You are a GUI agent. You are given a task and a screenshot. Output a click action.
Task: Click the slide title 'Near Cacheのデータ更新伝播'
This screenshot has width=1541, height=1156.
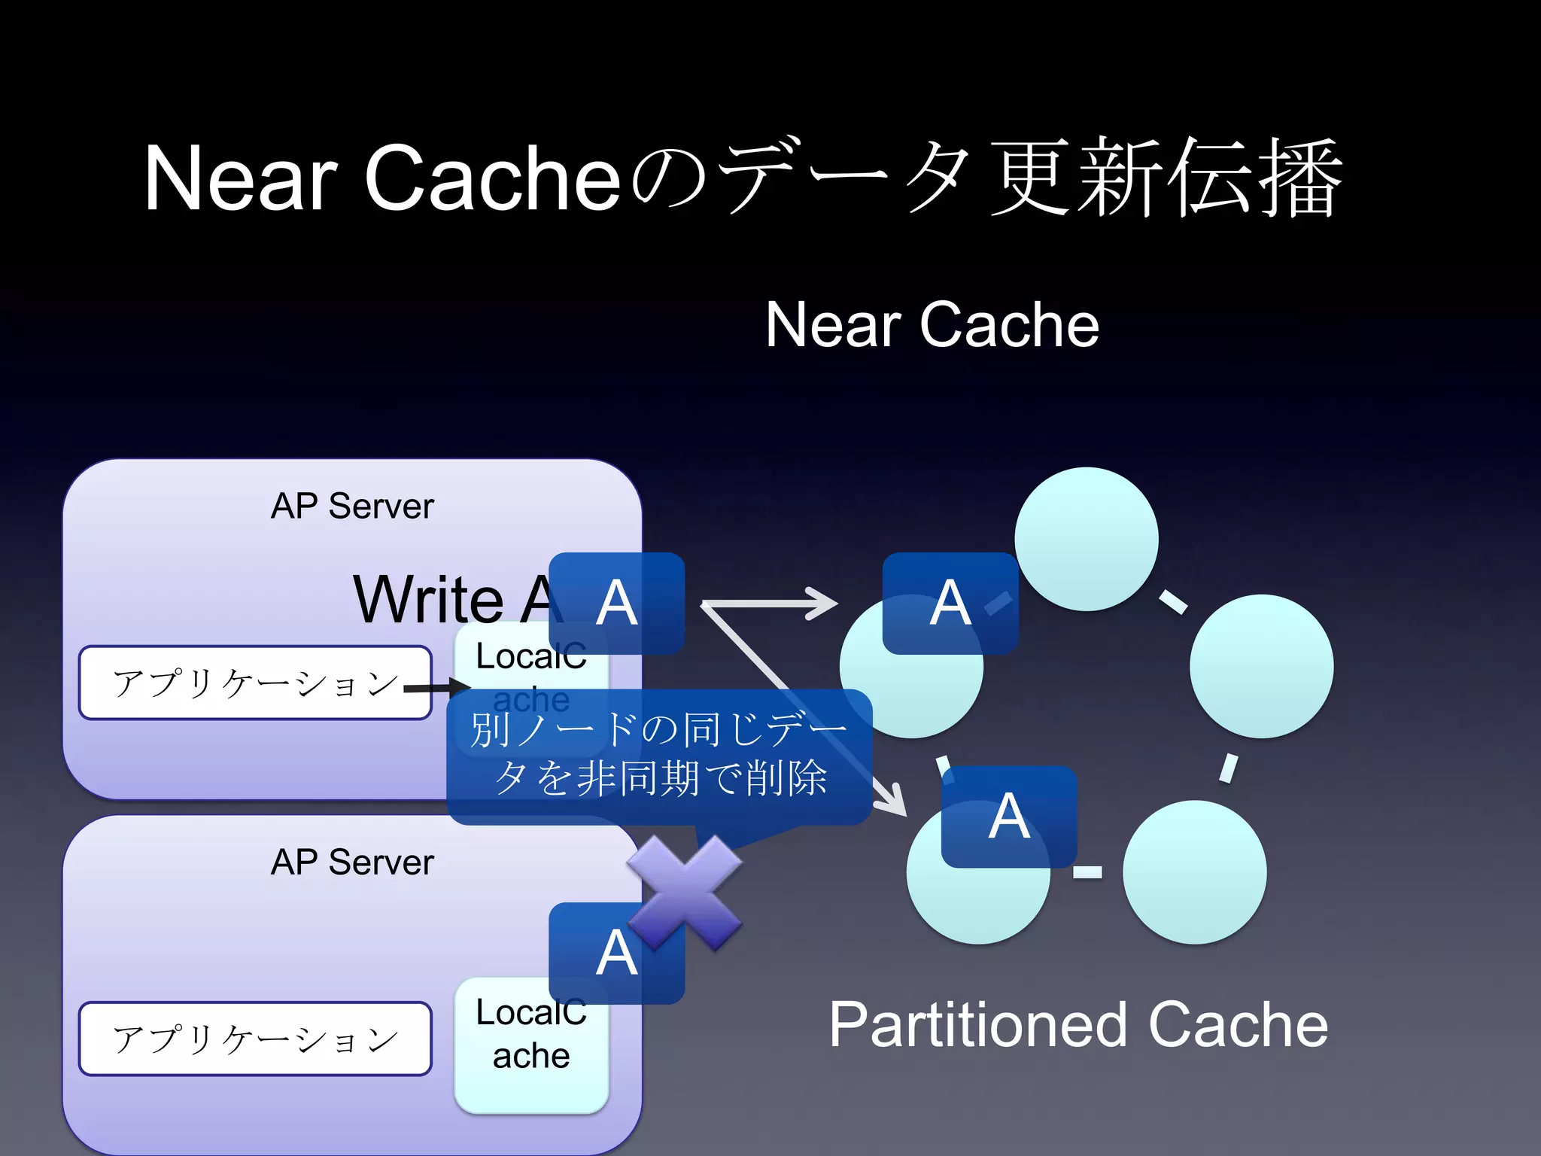pyautogui.click(x=741, y=178)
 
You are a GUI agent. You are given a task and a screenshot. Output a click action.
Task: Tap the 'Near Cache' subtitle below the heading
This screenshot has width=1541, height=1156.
pyautogui.click(x=932, y=324)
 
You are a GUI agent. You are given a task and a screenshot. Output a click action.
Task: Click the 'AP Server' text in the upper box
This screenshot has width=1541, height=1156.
pyautogui.click(x=352, y=506)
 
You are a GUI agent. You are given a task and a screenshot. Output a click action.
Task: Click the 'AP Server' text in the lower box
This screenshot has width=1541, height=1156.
pyautogui.click(x=352, y=862)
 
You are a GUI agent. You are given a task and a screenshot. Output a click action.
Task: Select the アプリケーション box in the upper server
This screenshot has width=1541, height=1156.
pyautogui.click(x=254, y=683)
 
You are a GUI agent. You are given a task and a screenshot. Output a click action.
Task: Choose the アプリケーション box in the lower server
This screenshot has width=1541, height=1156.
pyautogui.click(x=254, y=1039)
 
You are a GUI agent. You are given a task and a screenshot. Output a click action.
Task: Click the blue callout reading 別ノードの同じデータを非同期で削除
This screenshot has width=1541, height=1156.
pyautogui.click(x=658, y=755)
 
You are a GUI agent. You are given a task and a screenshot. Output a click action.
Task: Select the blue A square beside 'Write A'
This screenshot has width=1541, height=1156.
pyautogui.click(x=617, y=603)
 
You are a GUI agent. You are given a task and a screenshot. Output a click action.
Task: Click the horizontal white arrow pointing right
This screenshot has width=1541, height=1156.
pyautogui.click(x=767, y=603)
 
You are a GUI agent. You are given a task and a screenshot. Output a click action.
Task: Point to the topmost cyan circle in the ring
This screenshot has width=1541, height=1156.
pyautogui.click(x=1086, y=539)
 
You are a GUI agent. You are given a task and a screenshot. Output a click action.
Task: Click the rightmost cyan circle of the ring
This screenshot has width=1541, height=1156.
pyautogui.click(x=1261, y=666)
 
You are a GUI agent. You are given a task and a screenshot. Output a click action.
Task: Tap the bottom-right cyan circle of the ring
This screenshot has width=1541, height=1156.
pyautogui.click(x=1194, y=872)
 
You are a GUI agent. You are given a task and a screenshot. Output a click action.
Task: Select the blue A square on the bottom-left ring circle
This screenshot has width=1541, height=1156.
pyautogui.click(x=1009, y=817)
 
